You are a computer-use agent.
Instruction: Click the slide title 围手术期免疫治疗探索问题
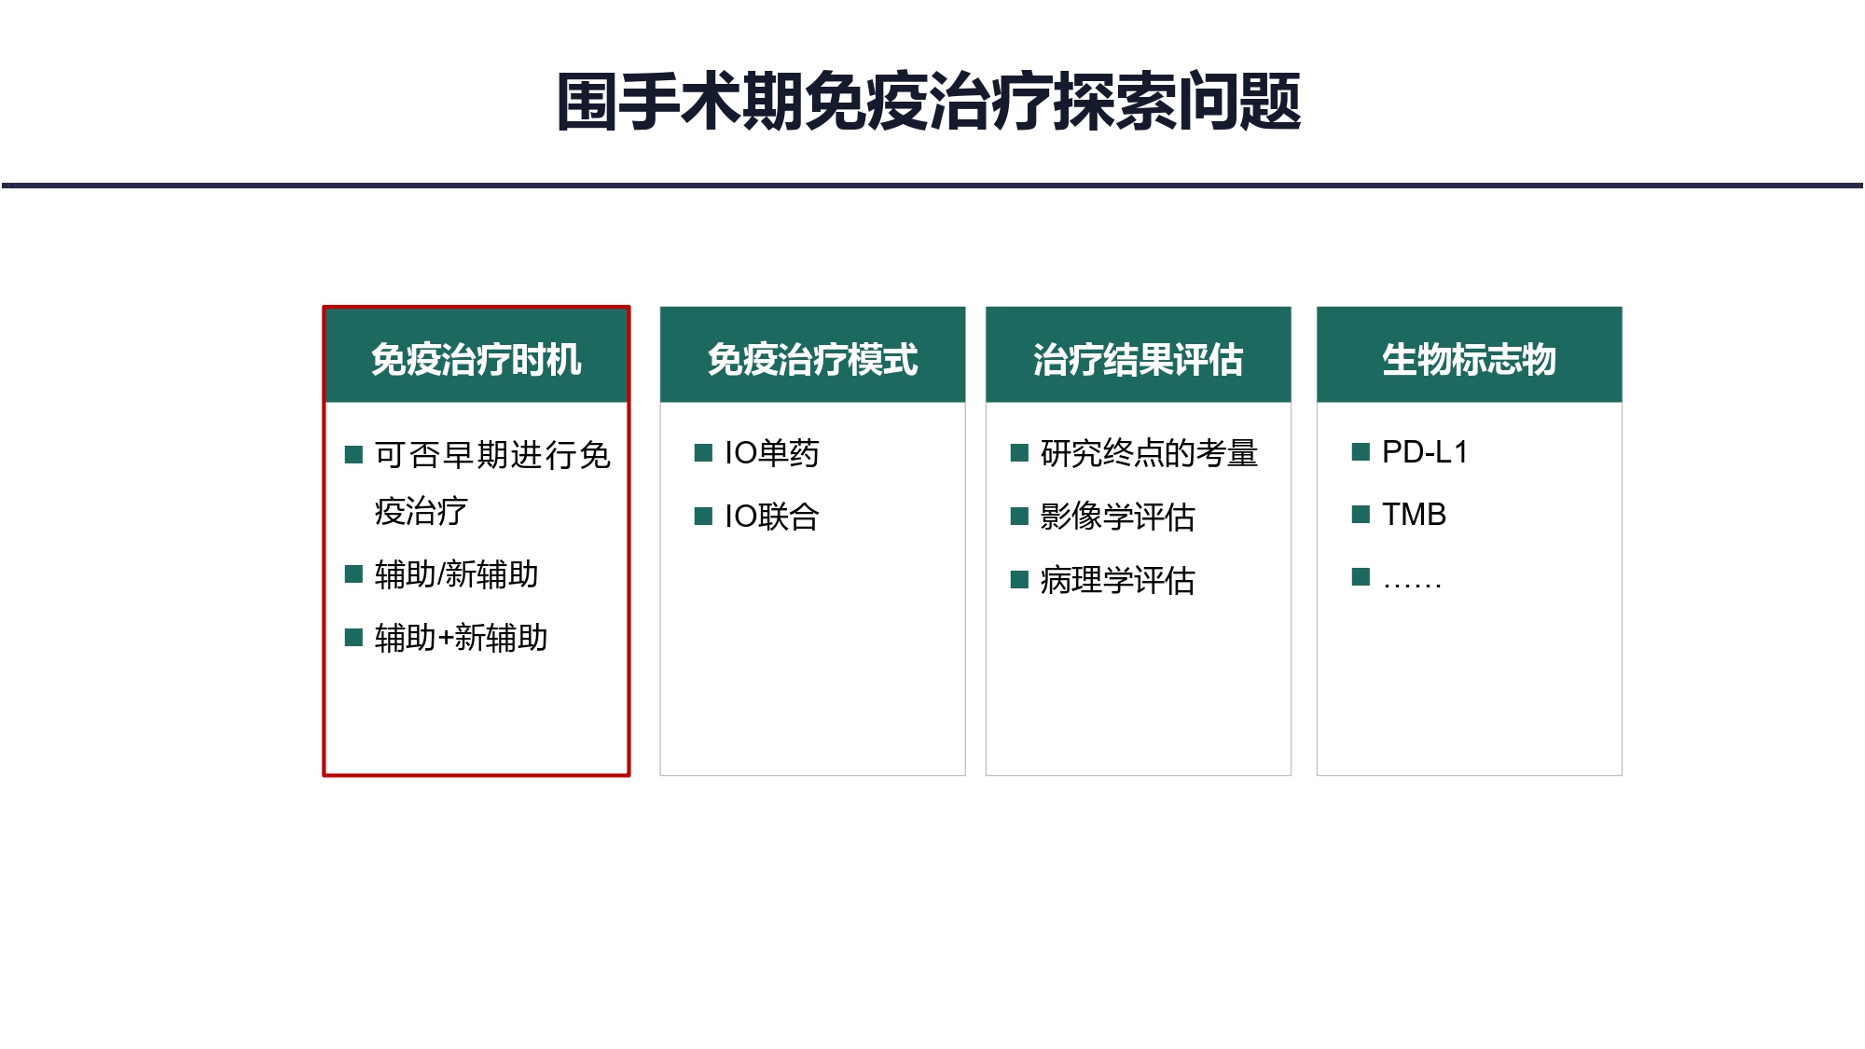pos(929,101)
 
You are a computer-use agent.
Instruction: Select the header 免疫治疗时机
pos(477,359)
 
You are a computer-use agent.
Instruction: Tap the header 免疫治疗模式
pos(812,359)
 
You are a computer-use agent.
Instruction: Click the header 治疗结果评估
pos(1138,359)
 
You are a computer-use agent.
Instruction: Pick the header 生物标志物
pos(1469,359)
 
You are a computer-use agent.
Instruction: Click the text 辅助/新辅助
pos(457,574)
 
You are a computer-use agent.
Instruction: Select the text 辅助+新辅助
pos(461,638)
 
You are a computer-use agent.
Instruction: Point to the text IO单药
pos(771,453)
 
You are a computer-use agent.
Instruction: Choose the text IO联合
pos(771,517)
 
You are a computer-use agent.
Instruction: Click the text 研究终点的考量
pos(1149,453)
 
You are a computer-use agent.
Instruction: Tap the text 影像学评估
pos(1117,517)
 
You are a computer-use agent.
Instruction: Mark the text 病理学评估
pos(1117,580)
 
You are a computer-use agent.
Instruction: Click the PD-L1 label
pos(1425,452)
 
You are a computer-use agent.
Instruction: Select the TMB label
pos(1414,515)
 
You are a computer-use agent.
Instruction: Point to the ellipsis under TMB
pos(1412,585)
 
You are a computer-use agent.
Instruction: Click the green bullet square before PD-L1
pos(1361,452)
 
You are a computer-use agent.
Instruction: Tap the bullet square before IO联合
pos(703,516)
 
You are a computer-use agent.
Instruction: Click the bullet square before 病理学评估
pos(1019,580)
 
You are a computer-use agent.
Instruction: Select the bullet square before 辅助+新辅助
pos(353,637)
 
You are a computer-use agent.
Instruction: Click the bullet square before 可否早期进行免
pos(353,454)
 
